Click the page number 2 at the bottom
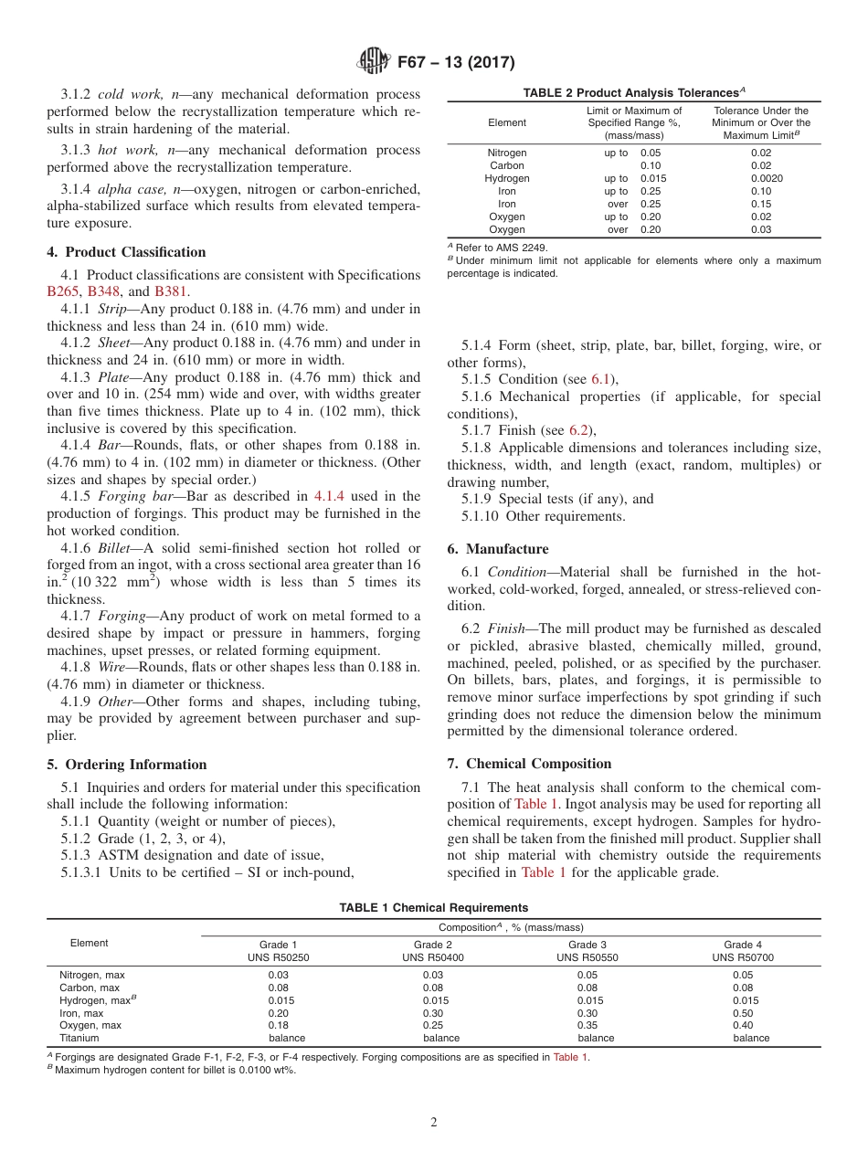[434, 1122]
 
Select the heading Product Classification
[126, 252]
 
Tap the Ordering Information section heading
[126, 765]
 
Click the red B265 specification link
[63, 291]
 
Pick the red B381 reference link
[171, 291]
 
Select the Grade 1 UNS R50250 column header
[278, 951]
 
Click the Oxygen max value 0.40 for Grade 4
[743, 1025]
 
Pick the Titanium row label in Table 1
[79, 1038]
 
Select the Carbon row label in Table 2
[507, 165]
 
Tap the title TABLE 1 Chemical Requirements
[433, 908]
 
